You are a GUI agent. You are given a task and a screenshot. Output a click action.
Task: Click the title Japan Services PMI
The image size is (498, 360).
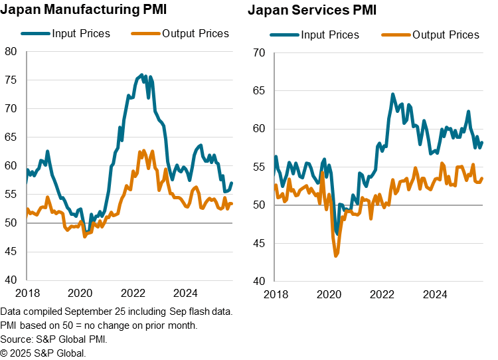[312, 10]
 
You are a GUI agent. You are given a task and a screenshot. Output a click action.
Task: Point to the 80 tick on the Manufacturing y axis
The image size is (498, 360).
[11, 51]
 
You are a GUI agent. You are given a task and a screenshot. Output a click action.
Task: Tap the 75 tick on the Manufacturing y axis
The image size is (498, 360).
[11, 80]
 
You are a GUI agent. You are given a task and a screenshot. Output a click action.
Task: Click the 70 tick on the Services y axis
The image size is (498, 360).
[260, 53]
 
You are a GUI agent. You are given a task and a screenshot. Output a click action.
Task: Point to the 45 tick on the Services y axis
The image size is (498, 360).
[260, 243]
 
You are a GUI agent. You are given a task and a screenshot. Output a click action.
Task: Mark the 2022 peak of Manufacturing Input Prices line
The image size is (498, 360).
[141, 74]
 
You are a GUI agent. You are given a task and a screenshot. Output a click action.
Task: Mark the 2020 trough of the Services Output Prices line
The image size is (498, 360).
[337, 255]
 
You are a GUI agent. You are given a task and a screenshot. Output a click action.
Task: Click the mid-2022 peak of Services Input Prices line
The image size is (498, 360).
[392, 94]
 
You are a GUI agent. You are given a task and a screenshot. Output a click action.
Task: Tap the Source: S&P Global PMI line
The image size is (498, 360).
[54, 339]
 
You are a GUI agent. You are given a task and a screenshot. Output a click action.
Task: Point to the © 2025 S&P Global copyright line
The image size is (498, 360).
[43, 353]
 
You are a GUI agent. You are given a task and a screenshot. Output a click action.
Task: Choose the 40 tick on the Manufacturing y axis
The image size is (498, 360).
[11, 280]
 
